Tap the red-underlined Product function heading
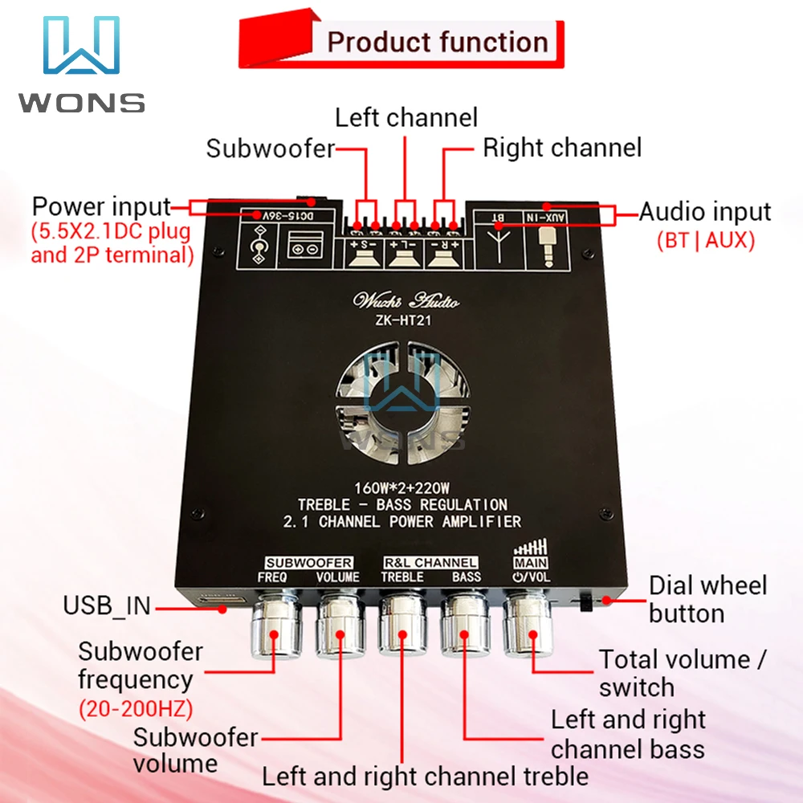pyautogui.click(x=438, y=42)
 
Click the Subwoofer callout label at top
pyautogui.click(x=270, y=149)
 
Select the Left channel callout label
pyautogui.click(x=406, y=117)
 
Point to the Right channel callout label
pyautogui.click(x=562, y=148)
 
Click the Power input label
pyautogui.click(x=101, y=206)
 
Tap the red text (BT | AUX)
pyautogui.click(x=705, y=240)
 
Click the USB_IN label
pyautogui.click(x=107, y=605)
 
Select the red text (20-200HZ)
pyautogui.click(x=136, y=709)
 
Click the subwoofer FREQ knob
pyautogui.click(x=274, y=627)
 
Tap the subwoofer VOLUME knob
pyautogui.click(x=338, y=627)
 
